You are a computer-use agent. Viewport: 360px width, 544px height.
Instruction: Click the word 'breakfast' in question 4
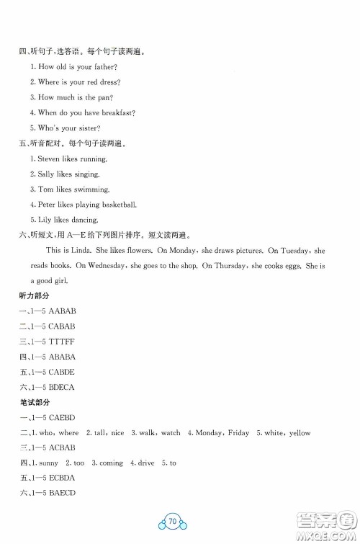point(117,112)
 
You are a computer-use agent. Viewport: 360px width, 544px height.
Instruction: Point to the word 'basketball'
point(120,205)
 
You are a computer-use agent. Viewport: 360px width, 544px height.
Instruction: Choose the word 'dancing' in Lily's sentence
point(84,220)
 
